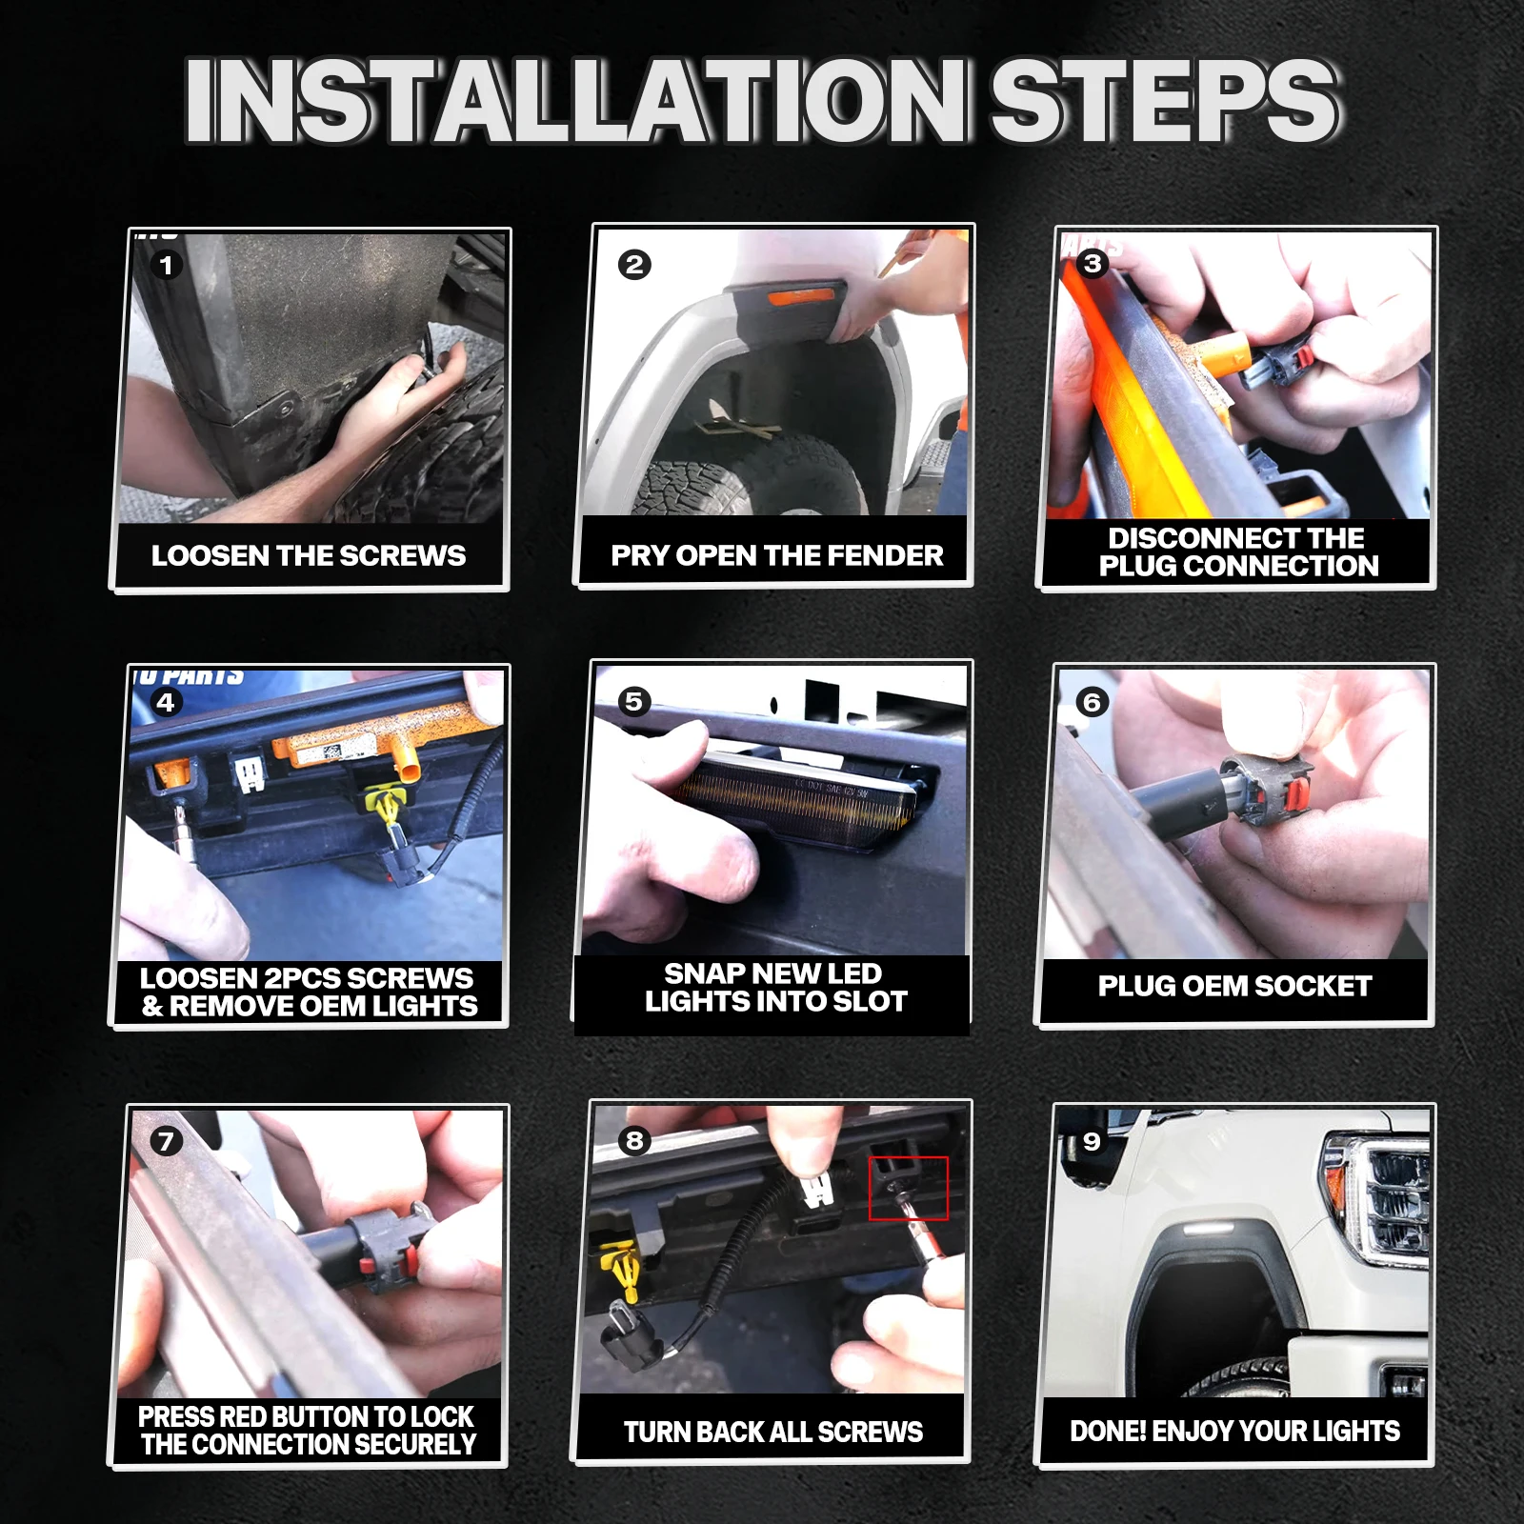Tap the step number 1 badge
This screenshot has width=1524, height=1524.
coord(167,265)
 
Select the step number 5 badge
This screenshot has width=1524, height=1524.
coord(634,702)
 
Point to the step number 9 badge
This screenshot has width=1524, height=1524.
coord(1092,1141)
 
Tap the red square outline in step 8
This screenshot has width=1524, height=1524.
coord(909,1188)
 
